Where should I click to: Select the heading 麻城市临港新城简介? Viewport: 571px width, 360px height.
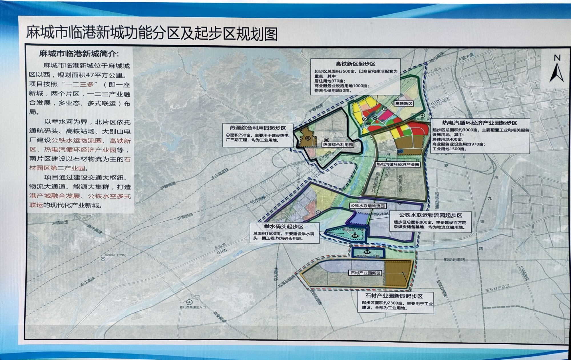tap(79, 53)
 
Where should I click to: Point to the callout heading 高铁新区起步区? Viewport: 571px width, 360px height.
tap(355, 64)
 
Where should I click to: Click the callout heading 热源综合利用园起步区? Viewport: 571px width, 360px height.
tap(258, 128)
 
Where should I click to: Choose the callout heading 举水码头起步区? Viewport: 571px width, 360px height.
tap(284, 226)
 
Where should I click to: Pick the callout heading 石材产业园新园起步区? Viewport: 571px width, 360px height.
tap(394, 296)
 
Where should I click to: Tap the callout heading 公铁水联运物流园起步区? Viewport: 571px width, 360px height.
tap(430, 215)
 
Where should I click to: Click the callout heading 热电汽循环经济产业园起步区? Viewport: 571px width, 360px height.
tap(480, 123)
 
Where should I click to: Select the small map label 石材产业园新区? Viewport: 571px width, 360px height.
tap(365, 273)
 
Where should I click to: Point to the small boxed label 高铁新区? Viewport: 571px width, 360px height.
tap(404, 104)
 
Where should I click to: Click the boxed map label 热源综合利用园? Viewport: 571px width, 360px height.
tap(338, 145)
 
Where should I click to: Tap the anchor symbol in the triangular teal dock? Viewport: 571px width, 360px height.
tap(355, 235)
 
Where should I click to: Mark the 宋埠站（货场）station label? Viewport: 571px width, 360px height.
tap(115, 255)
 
